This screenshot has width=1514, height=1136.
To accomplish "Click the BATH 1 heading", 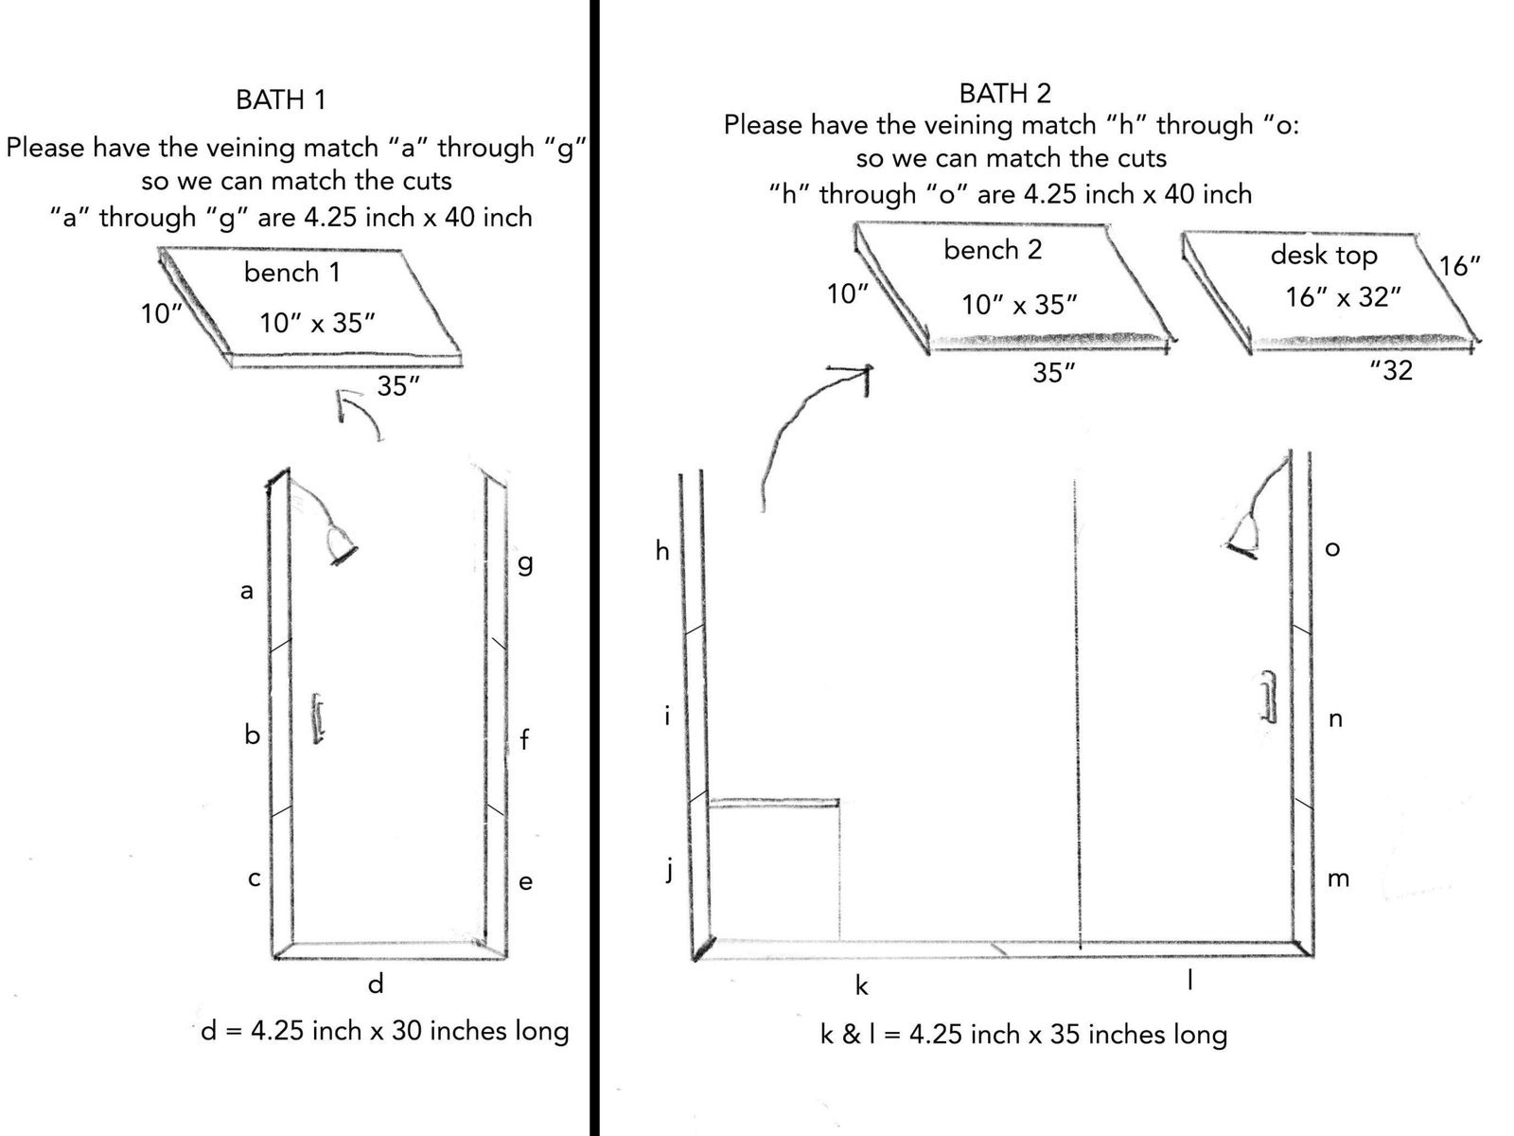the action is pos(280,100).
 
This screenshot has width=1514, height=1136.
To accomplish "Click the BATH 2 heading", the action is pos(1005,93).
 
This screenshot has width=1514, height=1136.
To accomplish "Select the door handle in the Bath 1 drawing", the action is pos(318,719).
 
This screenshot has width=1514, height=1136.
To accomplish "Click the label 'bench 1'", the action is pos(291,273).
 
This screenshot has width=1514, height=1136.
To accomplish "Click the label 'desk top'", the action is pos(1324,256).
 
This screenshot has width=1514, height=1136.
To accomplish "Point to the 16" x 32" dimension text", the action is pos(1343,297).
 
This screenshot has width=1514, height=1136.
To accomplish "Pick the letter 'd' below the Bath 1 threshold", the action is pos(376,983).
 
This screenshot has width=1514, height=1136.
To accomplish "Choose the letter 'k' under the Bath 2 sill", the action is pos(861,985).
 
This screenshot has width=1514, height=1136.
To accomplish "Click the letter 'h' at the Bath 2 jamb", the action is pos(662,550).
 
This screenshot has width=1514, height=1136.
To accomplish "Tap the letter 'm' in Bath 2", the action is pos(1338,879).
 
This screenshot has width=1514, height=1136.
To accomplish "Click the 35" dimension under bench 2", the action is pos(1054,373).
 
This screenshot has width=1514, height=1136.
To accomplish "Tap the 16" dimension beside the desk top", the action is pos(1459,266).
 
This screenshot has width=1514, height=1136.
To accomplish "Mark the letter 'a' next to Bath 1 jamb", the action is pos(246,591).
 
